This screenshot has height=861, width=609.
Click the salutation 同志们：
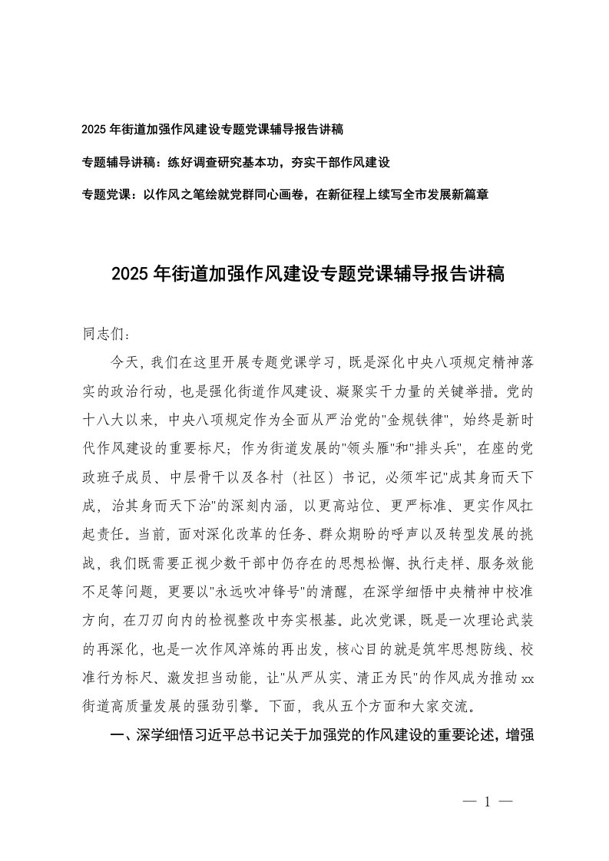coord(108,335)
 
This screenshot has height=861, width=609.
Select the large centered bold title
coord(307,274)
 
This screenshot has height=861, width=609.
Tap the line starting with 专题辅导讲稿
coord(237,163)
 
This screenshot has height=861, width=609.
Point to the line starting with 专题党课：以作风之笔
coord(285,195)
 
